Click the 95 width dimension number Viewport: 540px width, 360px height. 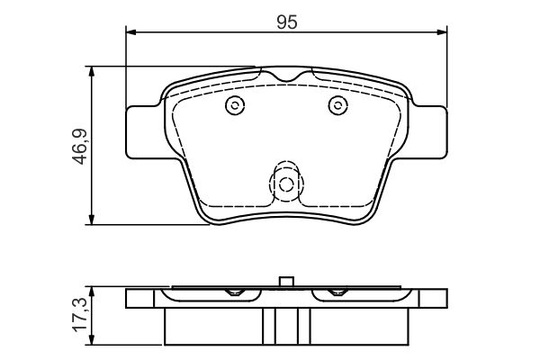point(286,22)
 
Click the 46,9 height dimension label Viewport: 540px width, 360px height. point(79,146)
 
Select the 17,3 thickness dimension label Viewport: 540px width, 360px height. point(79,315)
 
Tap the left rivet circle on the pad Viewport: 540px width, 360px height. point(235,105)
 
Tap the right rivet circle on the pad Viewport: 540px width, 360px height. point(337,105)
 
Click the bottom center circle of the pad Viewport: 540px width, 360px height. point(286,184)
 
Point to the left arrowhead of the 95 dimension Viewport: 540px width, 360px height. point(132,32)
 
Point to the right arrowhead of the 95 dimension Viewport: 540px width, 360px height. point(442,32)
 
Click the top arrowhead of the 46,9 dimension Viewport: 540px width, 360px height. point(91,72)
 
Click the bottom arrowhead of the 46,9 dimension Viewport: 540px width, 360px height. point(91,220)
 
